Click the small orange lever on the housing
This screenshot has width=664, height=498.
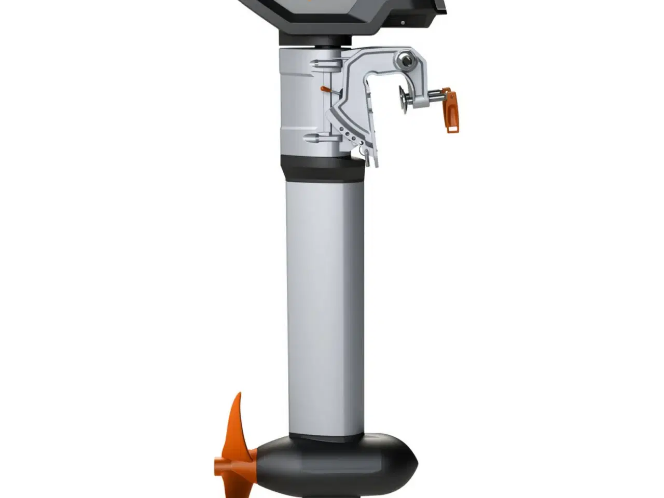(x=325, y=90)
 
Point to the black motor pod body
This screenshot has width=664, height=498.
(x=332, y=464)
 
